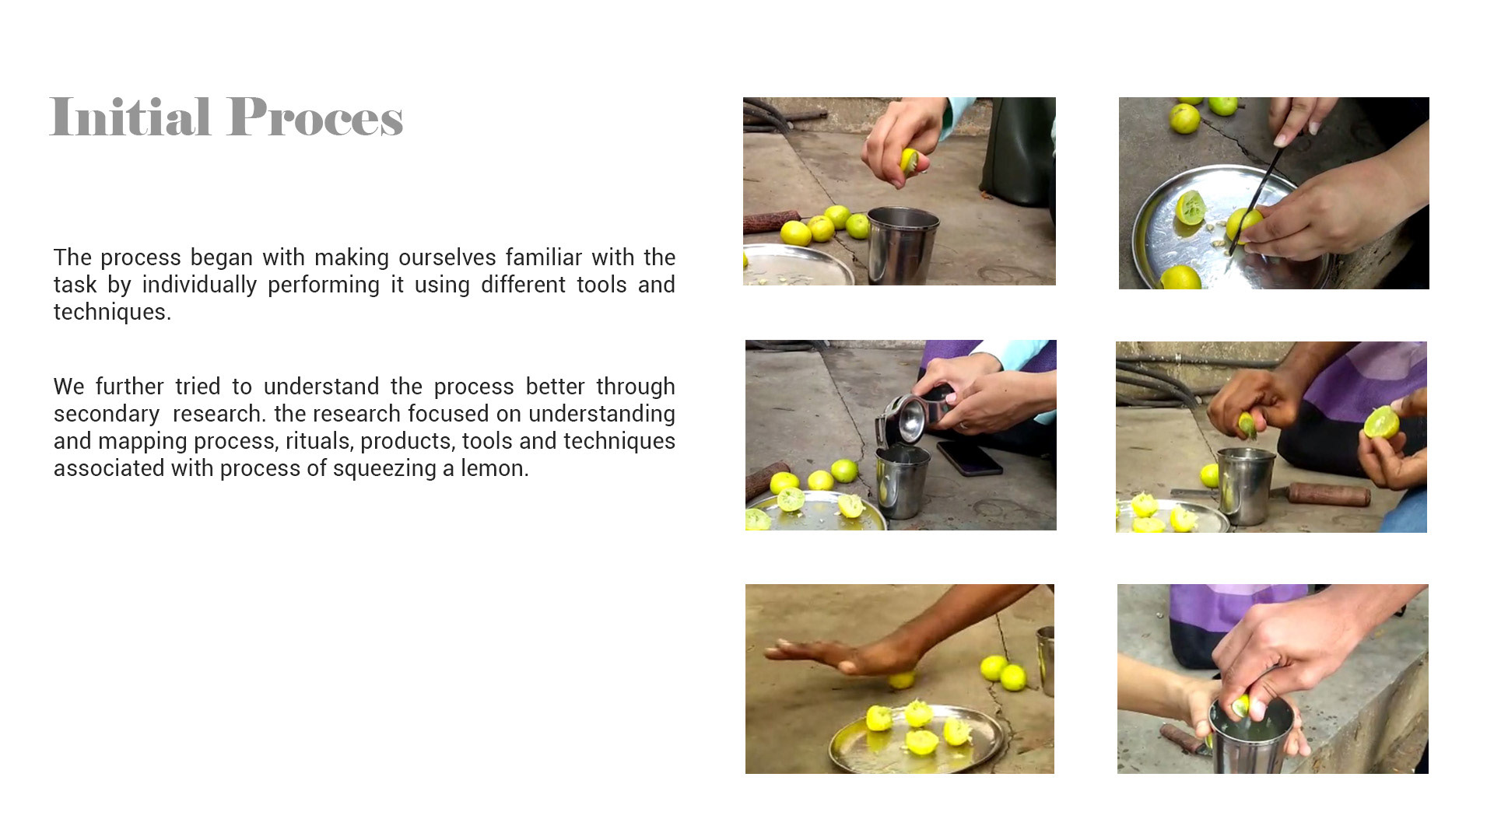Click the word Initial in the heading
pyautogui.click(x=130, y=117)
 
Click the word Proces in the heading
pyautogui.click(x=316, y=117)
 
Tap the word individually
pyautogui.click(x=199, y=285)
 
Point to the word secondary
pyautogui.click(x=107, y=414)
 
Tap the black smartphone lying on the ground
pyautogui.click(x=970, y=457)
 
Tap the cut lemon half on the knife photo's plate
pyautogui.click(x=1191, y=208)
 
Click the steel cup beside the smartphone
pyautogui.click(x=902, y=481)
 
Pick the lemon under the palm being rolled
pyautogui.click(x=901, y=680)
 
